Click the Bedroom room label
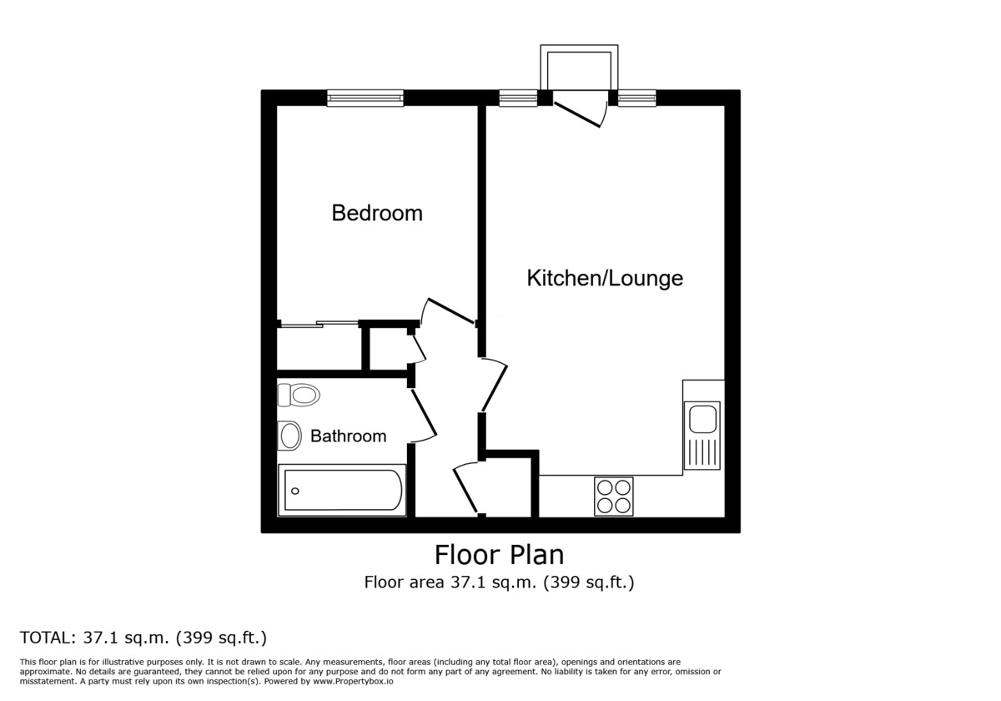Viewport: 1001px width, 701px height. pos(377,213)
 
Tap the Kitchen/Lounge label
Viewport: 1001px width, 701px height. pos(605,278)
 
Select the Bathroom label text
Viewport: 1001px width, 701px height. pos(348,436)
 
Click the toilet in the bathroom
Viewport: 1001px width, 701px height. pos(299,396)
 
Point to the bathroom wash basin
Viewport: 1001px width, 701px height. pos(289,436)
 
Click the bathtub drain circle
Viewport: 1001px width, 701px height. pos(295,491)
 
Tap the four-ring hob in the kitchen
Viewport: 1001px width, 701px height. pos(614,497)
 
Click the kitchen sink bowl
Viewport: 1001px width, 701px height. pos(702,419)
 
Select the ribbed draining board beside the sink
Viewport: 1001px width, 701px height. pos(702,452)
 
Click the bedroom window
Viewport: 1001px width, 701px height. pos(365,98)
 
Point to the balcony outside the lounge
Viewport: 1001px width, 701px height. pos(579,67)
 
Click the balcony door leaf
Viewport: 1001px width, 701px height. pos(577,115)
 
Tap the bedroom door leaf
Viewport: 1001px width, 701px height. pos(451,310)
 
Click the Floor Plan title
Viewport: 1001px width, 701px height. pos(499,555)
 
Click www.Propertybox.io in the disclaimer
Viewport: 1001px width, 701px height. pos(353,681)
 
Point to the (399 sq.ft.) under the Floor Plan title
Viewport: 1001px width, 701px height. pos(589,582)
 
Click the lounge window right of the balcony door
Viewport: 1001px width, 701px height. pos(636,98)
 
